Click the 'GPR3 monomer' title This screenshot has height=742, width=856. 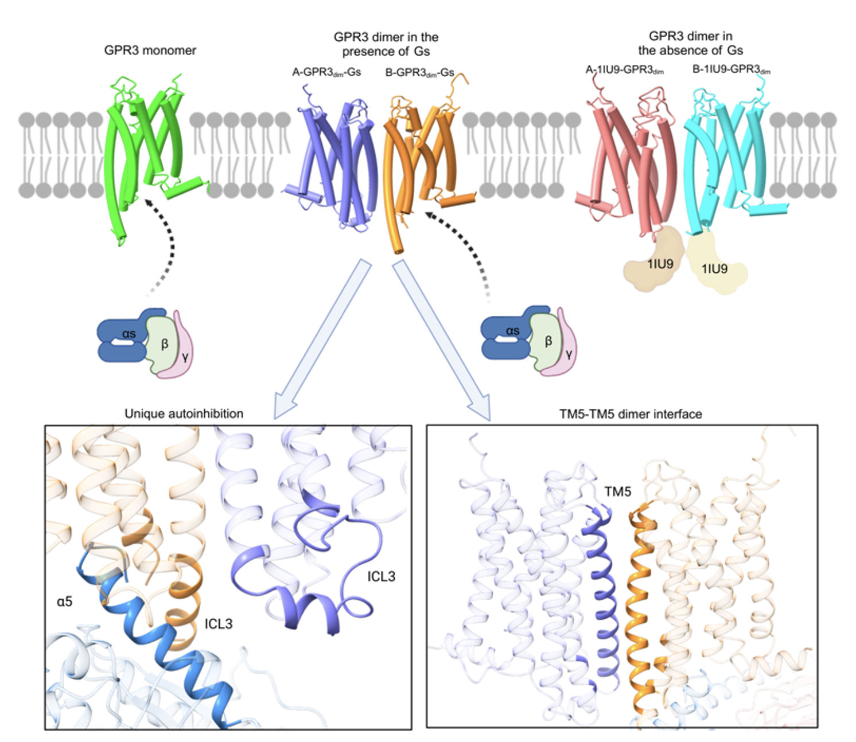150,50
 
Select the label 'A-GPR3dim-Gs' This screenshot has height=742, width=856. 326,72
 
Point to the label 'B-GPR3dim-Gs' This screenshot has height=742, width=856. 419,73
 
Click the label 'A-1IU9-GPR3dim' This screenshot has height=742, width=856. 624,70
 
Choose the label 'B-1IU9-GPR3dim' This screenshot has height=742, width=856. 731,69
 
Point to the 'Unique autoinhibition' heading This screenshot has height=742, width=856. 184,413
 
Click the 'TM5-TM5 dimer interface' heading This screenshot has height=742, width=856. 631,414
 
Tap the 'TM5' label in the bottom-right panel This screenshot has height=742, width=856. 617,491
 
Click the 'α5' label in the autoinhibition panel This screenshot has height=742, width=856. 64,601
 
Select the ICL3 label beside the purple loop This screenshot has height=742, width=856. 381,576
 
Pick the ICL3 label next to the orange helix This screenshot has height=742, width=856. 219,624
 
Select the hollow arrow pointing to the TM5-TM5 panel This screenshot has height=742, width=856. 442,338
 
